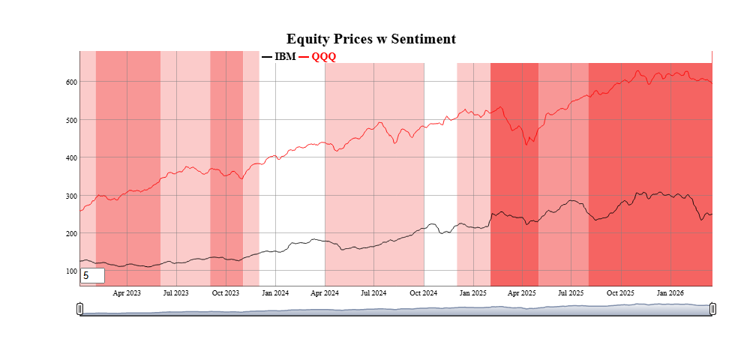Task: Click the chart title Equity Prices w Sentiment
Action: (x=371, y=39)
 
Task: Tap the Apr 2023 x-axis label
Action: (x=127, y=292)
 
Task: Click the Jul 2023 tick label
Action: (x=175, y=292)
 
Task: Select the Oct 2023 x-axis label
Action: (x=226, y=292)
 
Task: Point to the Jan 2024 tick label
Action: (x=275, y=292)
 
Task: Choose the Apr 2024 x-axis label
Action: (x=325, y=292)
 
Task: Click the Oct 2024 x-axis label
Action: (x=424, y=292)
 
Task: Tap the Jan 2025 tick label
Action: (x=474, y=292)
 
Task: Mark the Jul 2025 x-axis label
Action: (x=571, y=292)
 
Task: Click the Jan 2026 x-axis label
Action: (x=670, y=292)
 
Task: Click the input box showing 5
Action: (x=92, y=276)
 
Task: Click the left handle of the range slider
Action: (x=80, y=309)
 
